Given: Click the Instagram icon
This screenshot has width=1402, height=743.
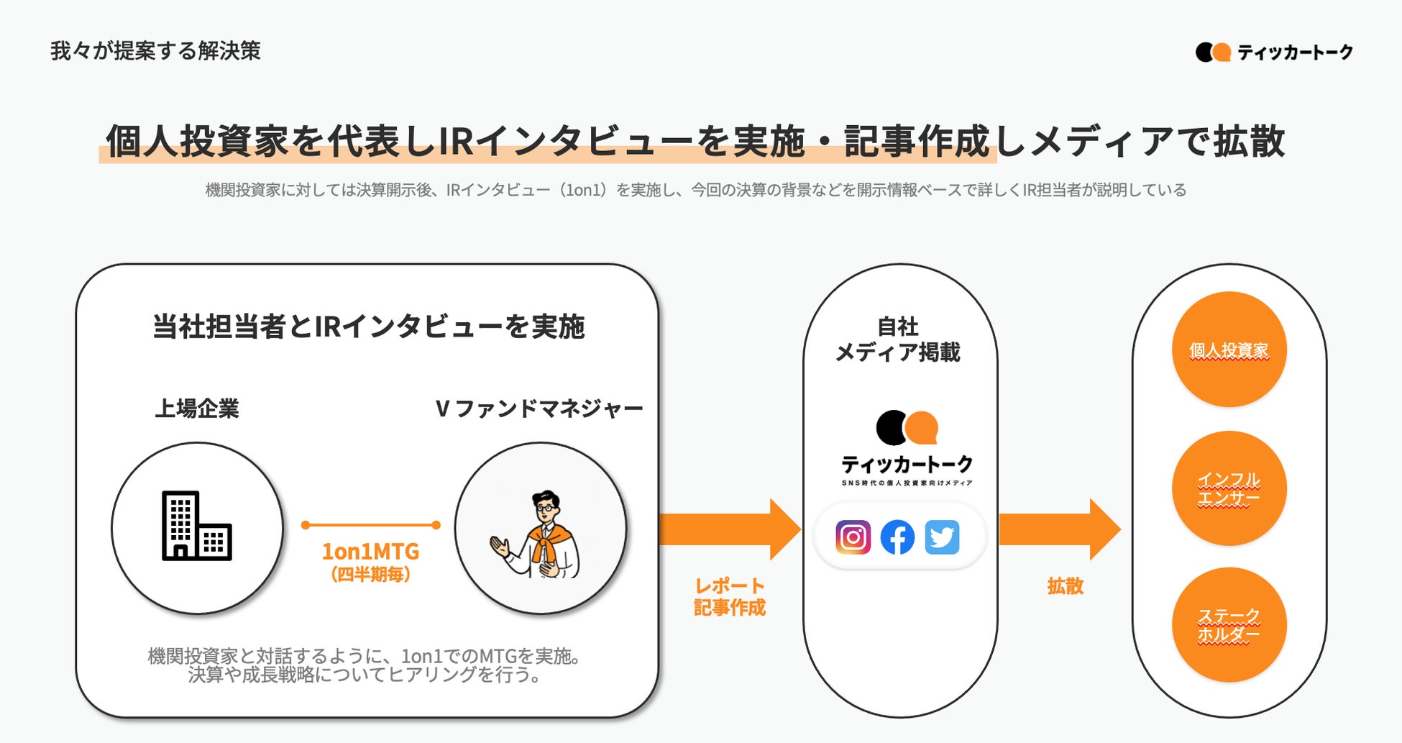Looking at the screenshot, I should click(x=853, y=537).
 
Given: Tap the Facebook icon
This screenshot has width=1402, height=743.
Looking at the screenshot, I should click(x=897, y=537).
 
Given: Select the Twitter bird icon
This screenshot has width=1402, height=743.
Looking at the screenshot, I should click(x=942, y=537).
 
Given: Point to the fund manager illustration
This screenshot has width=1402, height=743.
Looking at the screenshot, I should click(x=540, y=533).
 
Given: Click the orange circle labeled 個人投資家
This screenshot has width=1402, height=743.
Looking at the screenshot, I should click(x=1229, y=350).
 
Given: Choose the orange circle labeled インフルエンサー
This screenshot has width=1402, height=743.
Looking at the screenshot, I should click(x=1229, y=488).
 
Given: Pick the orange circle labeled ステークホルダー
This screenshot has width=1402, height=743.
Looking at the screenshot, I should click(x=1229, y=625).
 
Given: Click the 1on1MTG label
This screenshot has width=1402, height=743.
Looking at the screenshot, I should click(x=370, y=552).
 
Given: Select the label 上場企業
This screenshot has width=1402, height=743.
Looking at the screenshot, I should click(x=197, y=409).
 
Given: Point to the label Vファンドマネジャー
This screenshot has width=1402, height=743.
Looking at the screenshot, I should click(x=539, y=409).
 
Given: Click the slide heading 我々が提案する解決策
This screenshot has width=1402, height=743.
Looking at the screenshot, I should click(x=155, y=51).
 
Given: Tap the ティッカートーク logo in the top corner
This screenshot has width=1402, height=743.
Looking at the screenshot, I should click(x=1274, y=52).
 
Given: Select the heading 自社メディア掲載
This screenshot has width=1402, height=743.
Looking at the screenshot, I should click(x=898, y=339).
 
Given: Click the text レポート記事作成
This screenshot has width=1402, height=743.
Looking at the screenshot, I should click(x=729, y=597).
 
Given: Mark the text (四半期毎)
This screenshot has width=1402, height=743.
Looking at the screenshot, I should click(x=370, y=575).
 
